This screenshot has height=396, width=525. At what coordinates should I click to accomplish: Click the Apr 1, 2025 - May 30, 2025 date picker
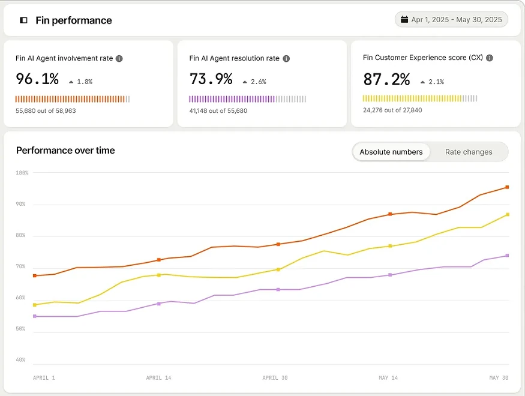coord(451,20)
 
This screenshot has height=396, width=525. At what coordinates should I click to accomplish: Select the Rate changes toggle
coord(469,152)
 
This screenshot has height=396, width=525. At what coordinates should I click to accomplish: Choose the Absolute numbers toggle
coord(391,152)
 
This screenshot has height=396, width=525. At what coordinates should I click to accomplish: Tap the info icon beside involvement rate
coord(119,59)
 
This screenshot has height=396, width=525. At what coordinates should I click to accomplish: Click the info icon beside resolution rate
coord(286,59)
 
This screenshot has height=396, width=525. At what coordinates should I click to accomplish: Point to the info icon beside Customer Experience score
coord(490,58)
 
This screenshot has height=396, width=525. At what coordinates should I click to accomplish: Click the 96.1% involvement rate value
coord(37,79)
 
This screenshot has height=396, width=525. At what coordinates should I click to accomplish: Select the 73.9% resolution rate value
coord(211,79)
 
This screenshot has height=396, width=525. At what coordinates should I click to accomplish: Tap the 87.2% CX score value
coord(386,79)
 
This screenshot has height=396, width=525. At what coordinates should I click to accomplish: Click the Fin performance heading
coord(74,20)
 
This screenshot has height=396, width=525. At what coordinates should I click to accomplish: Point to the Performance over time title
coord(65,150)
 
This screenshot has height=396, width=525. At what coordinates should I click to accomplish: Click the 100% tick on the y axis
coord(22,173)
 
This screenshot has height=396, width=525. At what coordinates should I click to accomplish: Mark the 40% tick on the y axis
coord(20,360)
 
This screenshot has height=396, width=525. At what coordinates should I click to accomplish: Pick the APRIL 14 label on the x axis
coord(159,377)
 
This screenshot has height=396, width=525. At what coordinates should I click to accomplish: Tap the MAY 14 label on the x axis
coord(388,377)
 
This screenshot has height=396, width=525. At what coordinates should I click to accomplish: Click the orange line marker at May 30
coord(507,187)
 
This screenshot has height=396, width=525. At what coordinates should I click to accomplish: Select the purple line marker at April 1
coord(34,316)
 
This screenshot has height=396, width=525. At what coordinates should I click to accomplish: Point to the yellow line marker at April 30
coord(278,269)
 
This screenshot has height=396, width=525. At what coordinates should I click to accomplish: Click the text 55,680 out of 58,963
coord(46,111)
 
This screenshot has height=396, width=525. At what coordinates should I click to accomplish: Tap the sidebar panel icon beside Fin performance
coord(23,20)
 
